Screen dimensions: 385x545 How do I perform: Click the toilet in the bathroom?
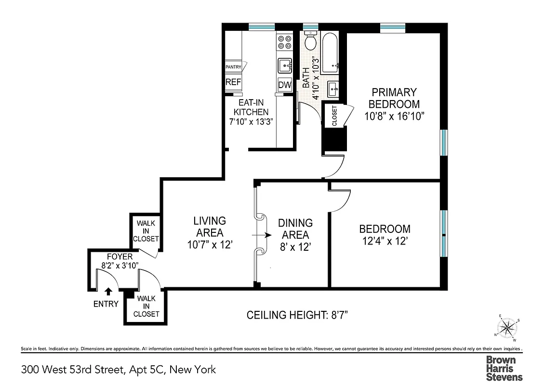point(310,41)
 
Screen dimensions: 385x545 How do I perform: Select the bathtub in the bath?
point(331,52)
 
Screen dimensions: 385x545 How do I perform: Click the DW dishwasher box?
point(285,85)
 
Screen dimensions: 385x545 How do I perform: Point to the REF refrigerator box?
point(233,82)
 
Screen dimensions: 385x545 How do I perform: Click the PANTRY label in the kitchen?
point(234,67)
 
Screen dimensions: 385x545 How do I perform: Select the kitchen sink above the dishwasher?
point(285,64)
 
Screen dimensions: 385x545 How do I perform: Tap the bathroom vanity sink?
point(332,89)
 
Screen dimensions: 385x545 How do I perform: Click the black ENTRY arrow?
point(108,291)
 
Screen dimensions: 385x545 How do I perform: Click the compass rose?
point(507,328)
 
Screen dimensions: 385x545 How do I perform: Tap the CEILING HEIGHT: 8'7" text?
point(297,315)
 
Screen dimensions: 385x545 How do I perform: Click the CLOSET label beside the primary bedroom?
point(334,116)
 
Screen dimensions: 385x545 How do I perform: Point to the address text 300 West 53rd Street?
point(118,370)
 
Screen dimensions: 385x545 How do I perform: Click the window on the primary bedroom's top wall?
point(393,27)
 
